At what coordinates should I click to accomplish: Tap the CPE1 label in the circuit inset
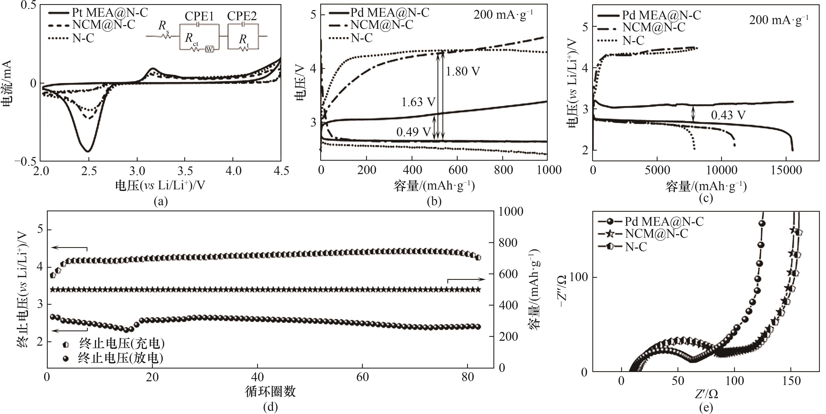(199, 16)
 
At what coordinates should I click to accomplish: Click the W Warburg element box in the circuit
(209, 49)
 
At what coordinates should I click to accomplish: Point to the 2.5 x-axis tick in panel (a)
(89, 171)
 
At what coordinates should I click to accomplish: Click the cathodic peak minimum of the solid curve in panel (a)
(88, 151)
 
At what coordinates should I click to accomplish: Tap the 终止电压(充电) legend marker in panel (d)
(66, 344)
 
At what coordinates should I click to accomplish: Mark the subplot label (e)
(706, 408)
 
